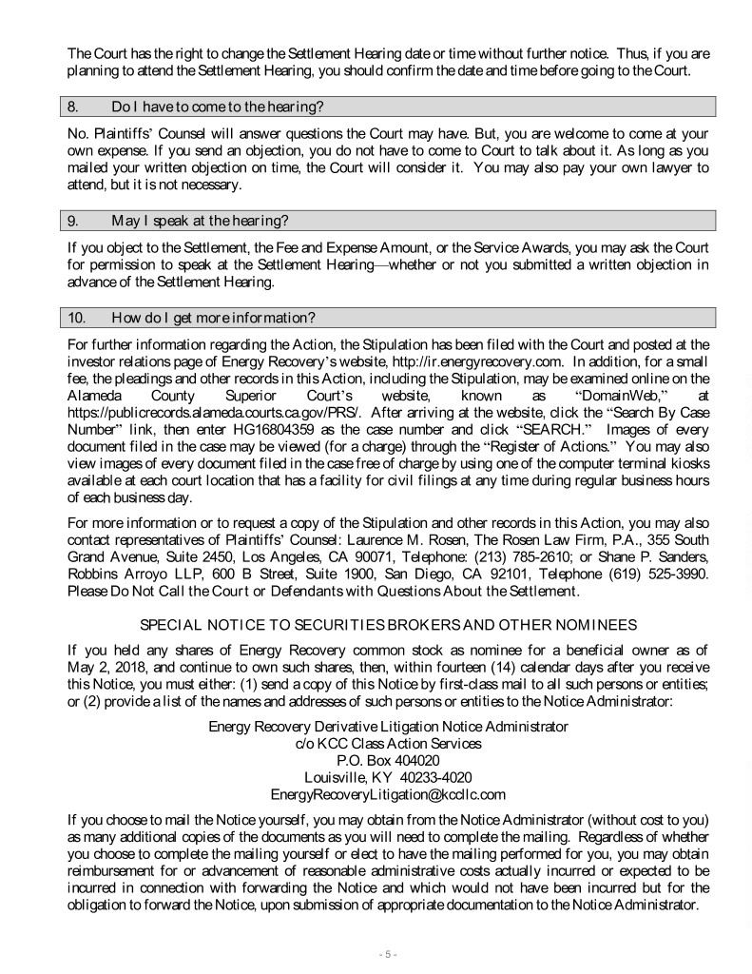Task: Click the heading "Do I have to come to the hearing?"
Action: (x=224, y=106)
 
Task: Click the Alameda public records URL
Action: (x=212, y=411)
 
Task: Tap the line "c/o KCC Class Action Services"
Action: (x=388, y=743)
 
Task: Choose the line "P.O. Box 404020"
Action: (x=388, y=760)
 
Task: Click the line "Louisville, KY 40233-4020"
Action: (x=388, y=777)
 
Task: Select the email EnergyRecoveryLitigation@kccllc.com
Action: (x=388, y=794)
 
